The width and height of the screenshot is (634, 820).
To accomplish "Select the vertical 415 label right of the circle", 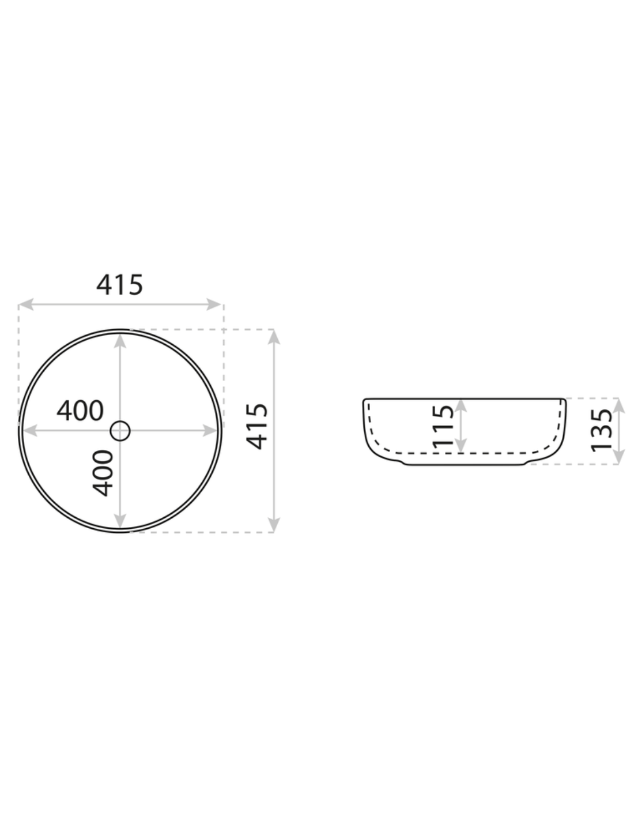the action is click(257, 426).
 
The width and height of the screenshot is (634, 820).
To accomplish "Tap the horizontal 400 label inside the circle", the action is click(80, 411).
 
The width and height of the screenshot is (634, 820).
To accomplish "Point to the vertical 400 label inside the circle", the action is click(103, 473).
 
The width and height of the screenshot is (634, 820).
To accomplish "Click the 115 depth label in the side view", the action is click(443, 426).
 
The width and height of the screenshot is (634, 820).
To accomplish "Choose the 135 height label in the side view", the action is click(602, 431).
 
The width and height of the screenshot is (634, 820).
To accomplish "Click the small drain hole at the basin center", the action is click(120, 431).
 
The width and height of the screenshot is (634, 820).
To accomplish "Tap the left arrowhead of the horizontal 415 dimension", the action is click(25, 304).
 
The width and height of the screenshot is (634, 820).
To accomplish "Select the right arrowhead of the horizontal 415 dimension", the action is click(213, 304).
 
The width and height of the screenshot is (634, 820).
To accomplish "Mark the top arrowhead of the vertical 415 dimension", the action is click(274, 337).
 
